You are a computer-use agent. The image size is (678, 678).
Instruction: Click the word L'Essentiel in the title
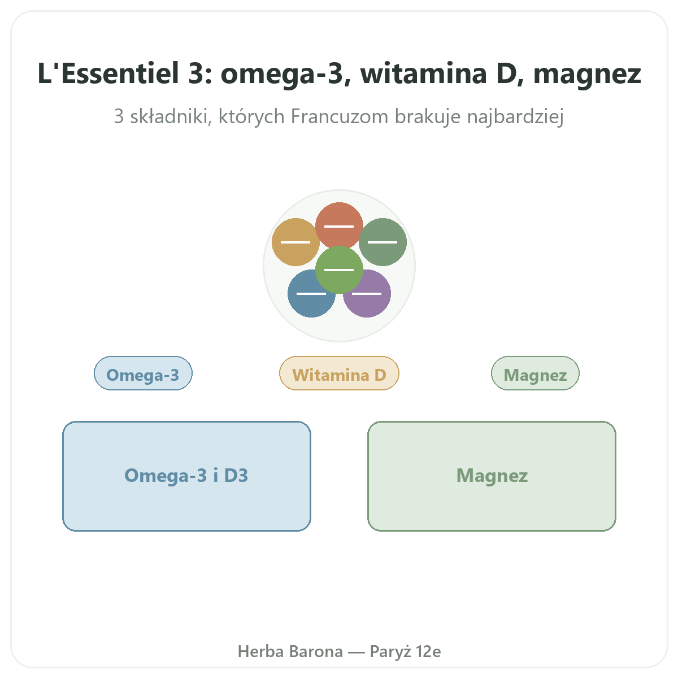point(108,73)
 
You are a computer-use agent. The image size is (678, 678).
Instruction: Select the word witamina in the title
point(423,73)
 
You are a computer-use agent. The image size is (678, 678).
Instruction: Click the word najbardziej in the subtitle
point(515,117)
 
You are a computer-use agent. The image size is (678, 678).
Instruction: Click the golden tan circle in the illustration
point(295,242)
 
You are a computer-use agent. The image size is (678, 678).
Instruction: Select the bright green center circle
point(339,270)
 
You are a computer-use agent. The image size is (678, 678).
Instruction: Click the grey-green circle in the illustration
point(383,242)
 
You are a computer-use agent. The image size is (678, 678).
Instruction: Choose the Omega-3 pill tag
point(143,373)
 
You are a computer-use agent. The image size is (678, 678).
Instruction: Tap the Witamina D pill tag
point(339,373)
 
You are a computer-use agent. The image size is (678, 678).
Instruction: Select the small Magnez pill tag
point(535,373)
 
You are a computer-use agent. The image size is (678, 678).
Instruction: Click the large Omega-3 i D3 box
point(186,476)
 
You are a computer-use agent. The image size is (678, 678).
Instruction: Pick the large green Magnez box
point(492,476)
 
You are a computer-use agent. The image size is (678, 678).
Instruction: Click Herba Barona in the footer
point(290,651)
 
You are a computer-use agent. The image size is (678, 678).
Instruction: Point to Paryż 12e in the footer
point(405,651)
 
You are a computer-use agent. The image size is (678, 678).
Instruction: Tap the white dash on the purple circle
point(367,293)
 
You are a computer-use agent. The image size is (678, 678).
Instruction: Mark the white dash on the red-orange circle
point(339,226)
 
